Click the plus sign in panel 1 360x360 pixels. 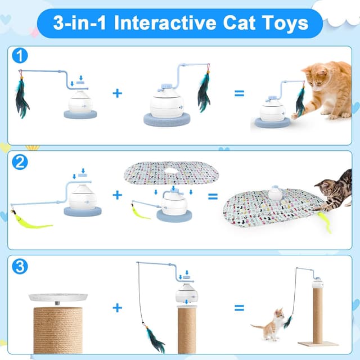117,93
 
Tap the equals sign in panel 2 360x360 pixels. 213,196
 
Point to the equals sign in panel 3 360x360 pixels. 240,308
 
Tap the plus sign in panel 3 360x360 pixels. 117,308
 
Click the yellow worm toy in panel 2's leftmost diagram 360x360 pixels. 31,221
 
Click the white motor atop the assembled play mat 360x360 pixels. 276,193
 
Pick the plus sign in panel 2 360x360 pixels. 117,195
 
